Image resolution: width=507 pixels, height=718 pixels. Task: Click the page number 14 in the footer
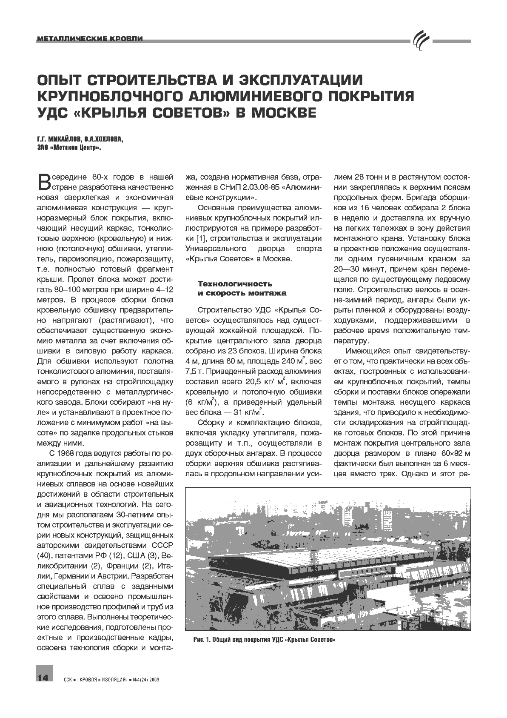click(44, 677)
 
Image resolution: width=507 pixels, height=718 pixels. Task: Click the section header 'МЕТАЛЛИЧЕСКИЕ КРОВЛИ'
click(90, 39)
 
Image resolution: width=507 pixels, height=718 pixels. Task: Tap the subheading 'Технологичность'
click(234, 283)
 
